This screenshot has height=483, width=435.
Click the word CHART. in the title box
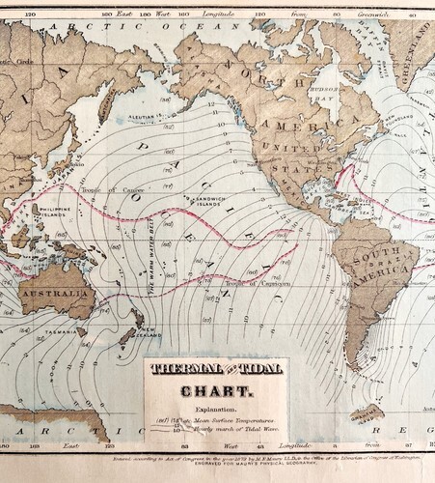[x=217, y=391]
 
